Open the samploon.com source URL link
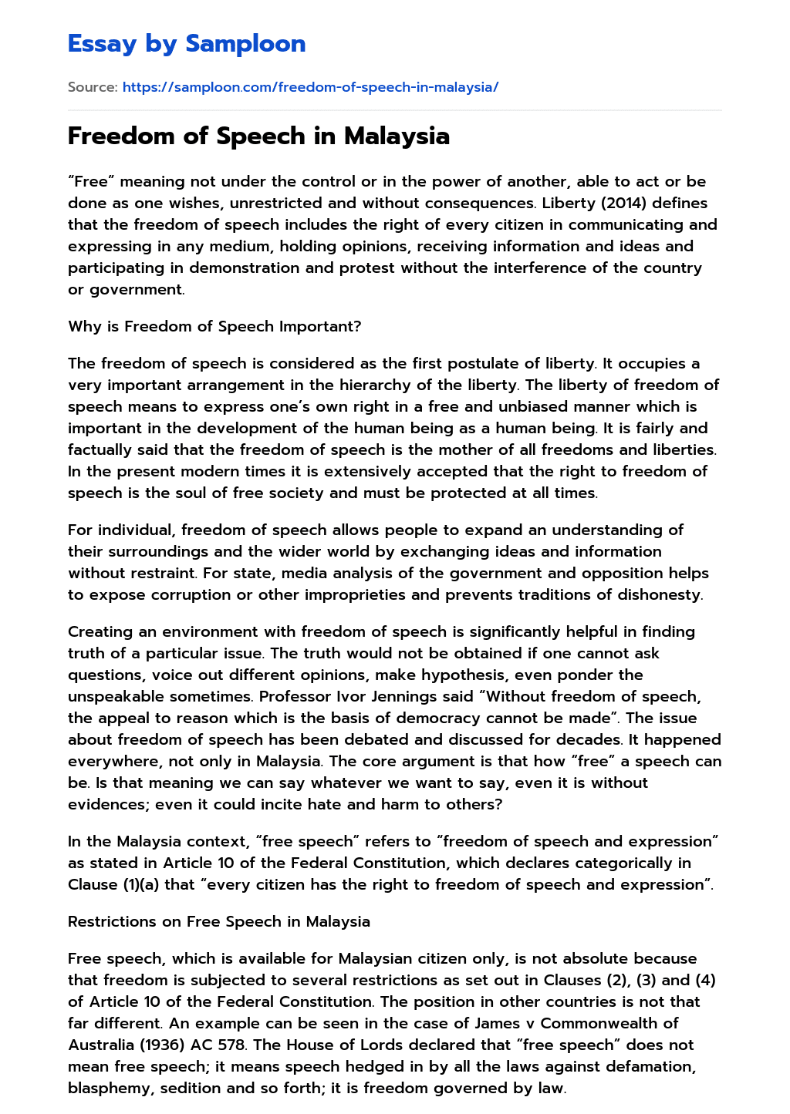tap(310, 87)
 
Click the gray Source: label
tap(93, 87)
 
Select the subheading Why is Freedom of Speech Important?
tap(214, 326)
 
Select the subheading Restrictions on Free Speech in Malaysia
tap(219, 921)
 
